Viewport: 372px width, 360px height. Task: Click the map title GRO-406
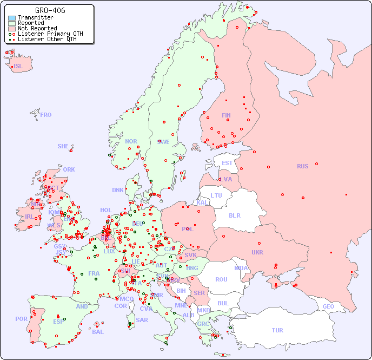50,10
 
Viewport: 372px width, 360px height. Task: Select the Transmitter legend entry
35,17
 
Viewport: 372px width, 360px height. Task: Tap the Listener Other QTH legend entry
49,39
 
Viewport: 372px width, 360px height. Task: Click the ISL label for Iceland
18,67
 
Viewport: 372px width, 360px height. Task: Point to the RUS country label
302,166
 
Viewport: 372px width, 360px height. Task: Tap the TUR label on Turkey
277,330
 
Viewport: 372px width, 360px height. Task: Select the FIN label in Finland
226,115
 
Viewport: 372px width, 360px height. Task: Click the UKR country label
257,252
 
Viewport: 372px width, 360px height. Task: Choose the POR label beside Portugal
21,319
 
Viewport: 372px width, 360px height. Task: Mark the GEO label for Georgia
328,306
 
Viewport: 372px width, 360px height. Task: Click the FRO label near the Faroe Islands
46,115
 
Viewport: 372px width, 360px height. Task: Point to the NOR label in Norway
131,141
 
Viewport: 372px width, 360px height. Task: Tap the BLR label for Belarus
235,215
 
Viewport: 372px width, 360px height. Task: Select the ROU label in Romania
221,279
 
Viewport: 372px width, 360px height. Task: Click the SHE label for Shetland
63,146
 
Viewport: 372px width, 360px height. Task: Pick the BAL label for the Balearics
97,332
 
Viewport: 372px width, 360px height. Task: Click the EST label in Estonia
227,163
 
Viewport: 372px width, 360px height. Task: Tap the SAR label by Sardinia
142,320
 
